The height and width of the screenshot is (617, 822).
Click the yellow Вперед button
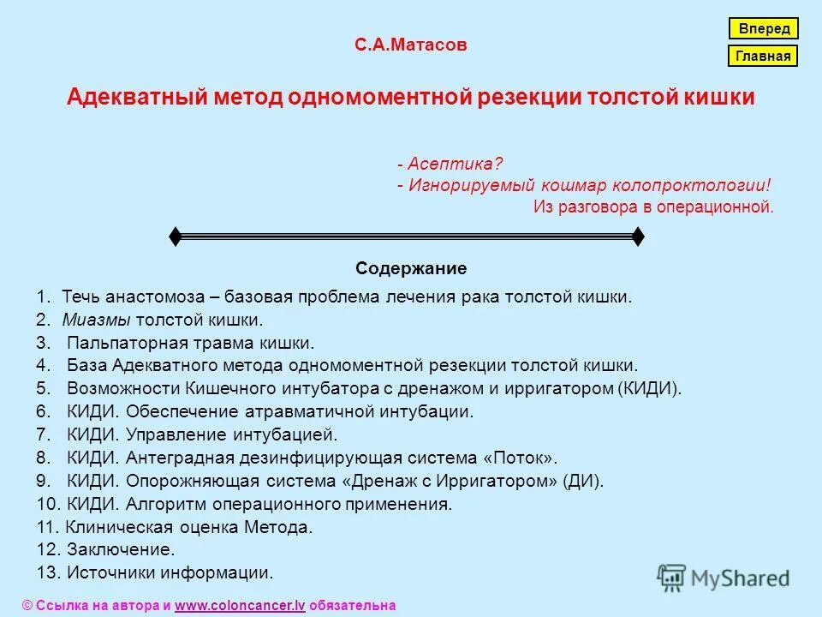764,28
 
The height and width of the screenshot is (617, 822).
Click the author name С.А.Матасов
411,45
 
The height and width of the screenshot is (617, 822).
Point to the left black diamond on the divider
175,237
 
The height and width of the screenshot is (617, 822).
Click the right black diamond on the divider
637,237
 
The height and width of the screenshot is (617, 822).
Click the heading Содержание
411,268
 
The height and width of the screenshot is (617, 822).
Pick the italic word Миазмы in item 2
94,320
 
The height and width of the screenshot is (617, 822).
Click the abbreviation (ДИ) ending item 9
583,481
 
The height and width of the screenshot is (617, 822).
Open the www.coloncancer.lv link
241,605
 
